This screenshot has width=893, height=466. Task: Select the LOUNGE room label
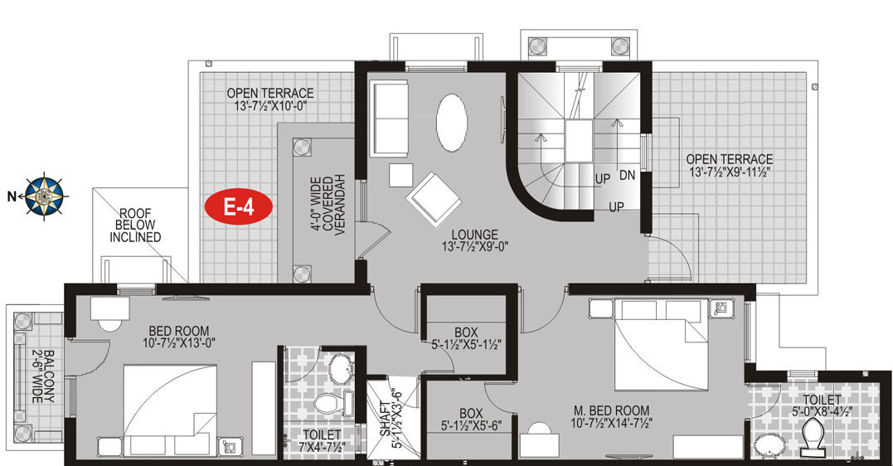(x=475, y=240)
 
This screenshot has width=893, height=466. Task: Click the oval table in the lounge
(x=452, y=123)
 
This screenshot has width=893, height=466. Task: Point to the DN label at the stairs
(x=627, y=176)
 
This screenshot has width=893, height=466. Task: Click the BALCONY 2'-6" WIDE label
(x=42, y=376)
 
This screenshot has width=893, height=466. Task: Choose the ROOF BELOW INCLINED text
(x=135, y=225)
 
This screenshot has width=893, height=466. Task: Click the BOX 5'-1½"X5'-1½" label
(x=466, y=338)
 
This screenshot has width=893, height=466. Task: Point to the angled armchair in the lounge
(x=432, y=197)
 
